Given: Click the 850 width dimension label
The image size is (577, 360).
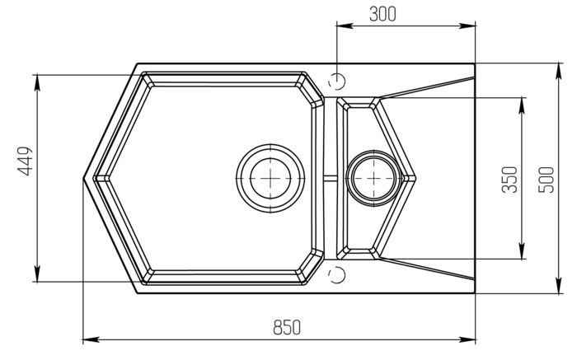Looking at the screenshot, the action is pyautogui.click(x=287, y=327).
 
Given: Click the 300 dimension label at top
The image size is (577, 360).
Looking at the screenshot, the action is pyautogui.click(x=382, y=14).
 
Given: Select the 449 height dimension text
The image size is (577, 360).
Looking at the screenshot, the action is pyautogui.click(x=25, y=161).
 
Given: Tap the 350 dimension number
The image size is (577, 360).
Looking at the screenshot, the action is pyautogui.click(x=509, y=180).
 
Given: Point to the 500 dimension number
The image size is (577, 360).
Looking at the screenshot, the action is pyautogui.click(x=546, y=180).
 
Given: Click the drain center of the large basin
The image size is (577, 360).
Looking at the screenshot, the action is pyautogui.click(x=270, y=178).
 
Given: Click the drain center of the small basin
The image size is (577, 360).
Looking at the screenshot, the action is pyautogui.click(x=373, y=178).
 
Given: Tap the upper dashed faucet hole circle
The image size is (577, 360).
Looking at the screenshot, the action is pyautogui.click(x=337, y=81).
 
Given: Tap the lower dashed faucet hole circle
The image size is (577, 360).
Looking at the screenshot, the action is pyautogui.click(x=337, y=274).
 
